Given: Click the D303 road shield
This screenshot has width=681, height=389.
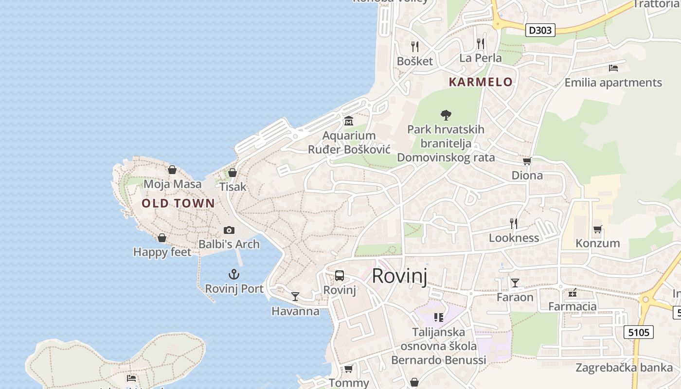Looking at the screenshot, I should pyautogui.click(x=540, y=30).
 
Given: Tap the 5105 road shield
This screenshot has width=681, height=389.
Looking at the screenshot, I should pyautogui.click(x=638, y=333).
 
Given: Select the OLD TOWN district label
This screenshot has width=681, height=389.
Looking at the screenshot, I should pyautogui.click(x=178, y=203).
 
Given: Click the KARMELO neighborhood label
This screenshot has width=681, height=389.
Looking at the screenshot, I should pyautogui.click(x=481, y=82).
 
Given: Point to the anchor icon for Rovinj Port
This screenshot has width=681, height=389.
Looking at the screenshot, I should pyautogui.click(x=234, y=274).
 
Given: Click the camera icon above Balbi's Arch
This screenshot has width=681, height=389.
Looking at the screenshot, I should pyautogui.click(x=229, y=230).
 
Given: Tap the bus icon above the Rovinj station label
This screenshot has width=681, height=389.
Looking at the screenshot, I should pyautogui.click(x=340, y=276).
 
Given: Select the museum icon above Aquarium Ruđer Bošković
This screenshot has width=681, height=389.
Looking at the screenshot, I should pyautogui.click(x=349, y=121).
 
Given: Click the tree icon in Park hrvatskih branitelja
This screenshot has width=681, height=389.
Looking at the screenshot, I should pyautogui.click(x=446, y=115).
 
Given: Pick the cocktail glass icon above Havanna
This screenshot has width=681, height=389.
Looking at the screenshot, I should pyautogui.click(x=295, y=296).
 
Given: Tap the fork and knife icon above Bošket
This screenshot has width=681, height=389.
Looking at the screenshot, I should pyautogui.click(x=415, y=46).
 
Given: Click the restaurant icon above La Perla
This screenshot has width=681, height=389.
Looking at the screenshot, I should pyautogui.click(x=481, y=44).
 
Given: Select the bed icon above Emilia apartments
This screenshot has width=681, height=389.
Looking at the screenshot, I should pyautogui.click(x=613, y=68).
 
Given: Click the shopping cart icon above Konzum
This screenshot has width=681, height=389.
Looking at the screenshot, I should pyautogui.click(x=597, y=229).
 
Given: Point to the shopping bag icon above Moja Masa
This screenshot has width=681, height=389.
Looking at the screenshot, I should pyautogui.click(x=172, y=170).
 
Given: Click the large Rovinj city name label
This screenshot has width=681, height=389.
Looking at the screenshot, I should pyautogui.click(x=399, y=276).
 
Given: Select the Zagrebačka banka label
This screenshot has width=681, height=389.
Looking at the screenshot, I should pyautogui.click(x=624, y=367).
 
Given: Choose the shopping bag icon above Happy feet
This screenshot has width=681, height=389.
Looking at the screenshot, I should pyautogui.click(x=162, y=238).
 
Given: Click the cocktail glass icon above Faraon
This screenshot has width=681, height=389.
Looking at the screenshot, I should pyautogui.click(x=515, y=283).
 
